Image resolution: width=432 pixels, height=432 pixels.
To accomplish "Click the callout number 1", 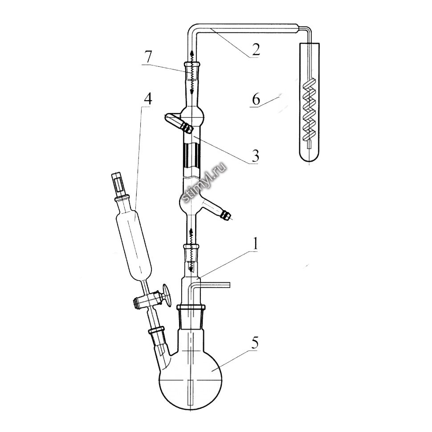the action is click(255, 243).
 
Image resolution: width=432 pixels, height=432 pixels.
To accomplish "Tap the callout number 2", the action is click(256, 49).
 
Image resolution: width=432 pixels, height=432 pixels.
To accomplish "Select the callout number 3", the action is click(255, 156).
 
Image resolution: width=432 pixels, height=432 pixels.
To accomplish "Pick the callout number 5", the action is click(254, 343).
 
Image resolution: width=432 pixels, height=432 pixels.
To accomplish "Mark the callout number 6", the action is click(256, 99).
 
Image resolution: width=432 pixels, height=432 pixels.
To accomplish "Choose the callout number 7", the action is click(148, 57).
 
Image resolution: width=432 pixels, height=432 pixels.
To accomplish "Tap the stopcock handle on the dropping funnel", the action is click(166, 295).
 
